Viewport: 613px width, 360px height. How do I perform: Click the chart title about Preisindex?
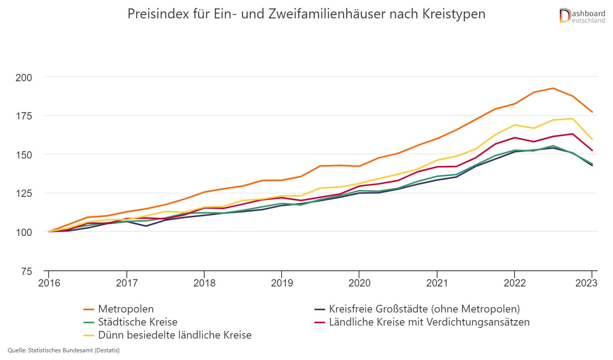[x=306, y=14]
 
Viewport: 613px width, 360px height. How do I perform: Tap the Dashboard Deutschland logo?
[x=582, y=16]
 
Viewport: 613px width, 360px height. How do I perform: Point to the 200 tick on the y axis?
[x=24, y=77]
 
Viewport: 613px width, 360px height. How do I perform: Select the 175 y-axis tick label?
[x=24, y=116]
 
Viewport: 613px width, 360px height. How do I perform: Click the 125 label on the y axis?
[x=24, y=193]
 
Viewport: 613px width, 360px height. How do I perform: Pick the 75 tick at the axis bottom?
[x=26, y=272]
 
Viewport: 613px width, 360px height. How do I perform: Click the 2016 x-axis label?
[x=49, y=283]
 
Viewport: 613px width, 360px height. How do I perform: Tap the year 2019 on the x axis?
[x=282, y=283]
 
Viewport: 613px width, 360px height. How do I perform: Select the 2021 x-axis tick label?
[x=437, y=283]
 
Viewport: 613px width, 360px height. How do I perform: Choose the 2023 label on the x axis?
[x=586, y=283]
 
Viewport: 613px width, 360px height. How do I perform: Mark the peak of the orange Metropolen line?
[x=553, y=88]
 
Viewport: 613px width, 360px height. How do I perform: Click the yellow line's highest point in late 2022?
[x=572, y=119]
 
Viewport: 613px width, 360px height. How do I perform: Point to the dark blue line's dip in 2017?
[x=146, y=226]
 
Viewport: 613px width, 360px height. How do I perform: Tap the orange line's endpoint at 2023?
[x=592, y=112]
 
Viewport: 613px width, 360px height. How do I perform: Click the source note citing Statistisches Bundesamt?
[x=64, y=350]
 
